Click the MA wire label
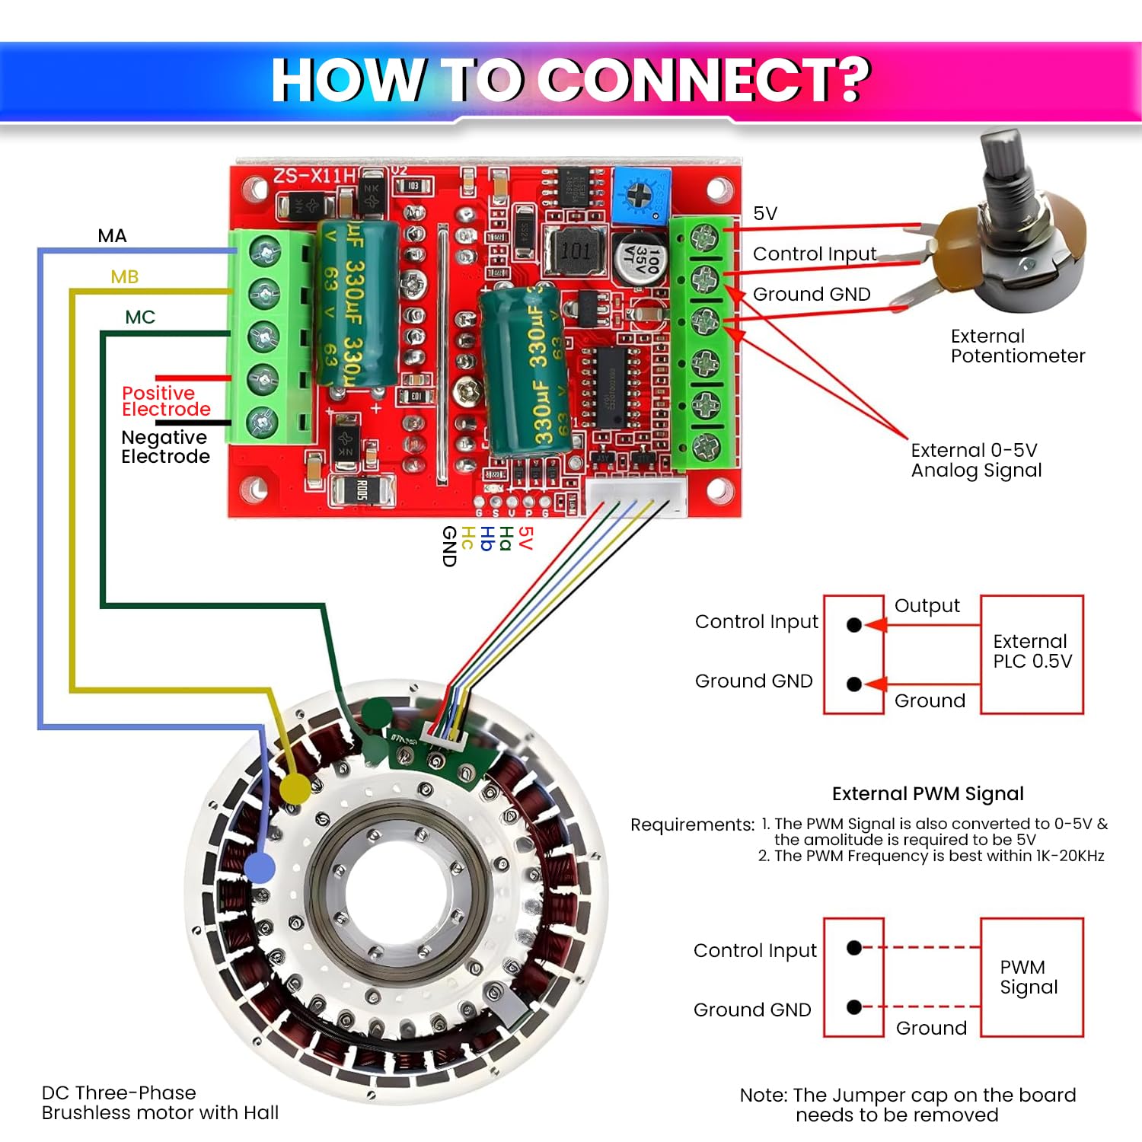[x=112, y=236]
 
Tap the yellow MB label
[x=124, y=276]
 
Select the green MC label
[x=140, y=317]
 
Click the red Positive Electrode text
[x=165, y=401]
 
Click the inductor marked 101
[x=576, y=250]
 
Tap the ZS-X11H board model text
[x=314, y=176]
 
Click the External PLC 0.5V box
[x=1032, y=653]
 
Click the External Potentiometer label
[x=1016, y=346]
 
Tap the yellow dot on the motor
[x=295, y=789]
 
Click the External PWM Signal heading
[x=927, y=794]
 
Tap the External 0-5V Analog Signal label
[x=976, y=461]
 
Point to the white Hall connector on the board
[x=636, y=496]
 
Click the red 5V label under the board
[x=525, y=538]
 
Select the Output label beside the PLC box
[x=927, y=606]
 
